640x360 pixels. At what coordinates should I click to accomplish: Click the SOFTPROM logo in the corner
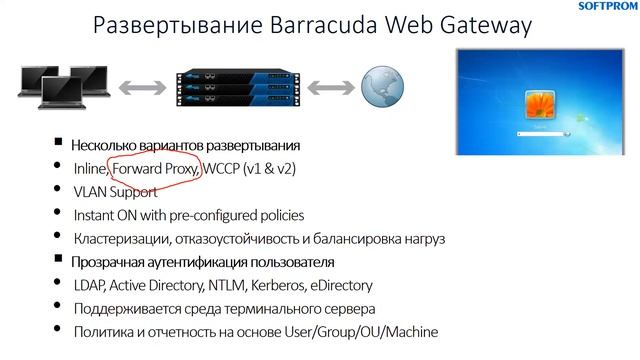click(607, 6)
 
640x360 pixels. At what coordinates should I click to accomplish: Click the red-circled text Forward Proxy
click(155, 168)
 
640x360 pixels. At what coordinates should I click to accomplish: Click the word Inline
click(90, 168)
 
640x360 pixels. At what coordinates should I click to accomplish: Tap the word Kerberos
click(291, 285)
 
